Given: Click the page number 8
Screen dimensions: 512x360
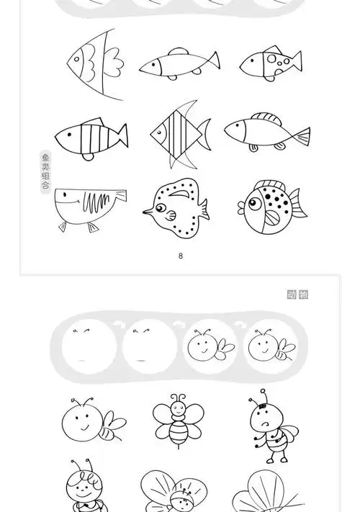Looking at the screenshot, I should click(181, 256).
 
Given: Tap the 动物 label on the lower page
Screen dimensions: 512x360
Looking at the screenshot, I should click(298, 295).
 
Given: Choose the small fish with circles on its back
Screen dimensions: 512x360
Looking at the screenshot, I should click(271, 62).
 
